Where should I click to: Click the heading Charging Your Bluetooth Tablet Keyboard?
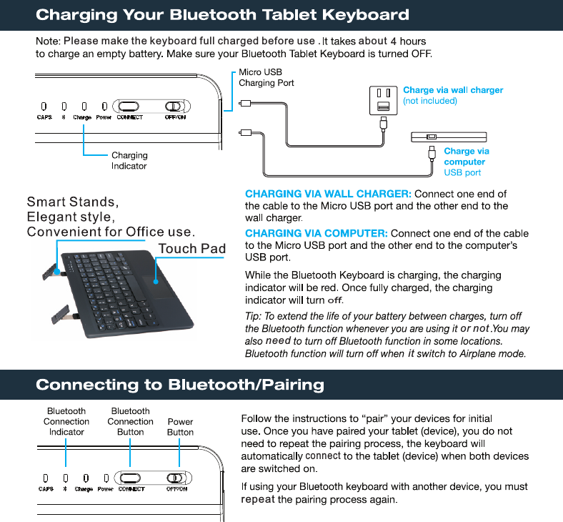[x=222, y=14]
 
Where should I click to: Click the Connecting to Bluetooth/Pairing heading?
[x=179, y=385]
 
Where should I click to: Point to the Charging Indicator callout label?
[x=129, y=160]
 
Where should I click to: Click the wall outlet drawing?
[x=382, y=100]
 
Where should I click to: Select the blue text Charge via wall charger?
[x=453, y=90]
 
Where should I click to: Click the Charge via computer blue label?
[x=466, y=157]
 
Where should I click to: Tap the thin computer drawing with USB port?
[x=449, y=137]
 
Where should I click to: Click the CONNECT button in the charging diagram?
[x=130, y=106]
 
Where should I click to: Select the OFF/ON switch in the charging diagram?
[x=176, y=106]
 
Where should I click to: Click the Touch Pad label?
[x=191, y=249]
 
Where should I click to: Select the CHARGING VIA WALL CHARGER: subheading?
[x=328, y=194]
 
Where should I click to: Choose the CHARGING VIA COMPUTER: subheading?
[x=316, y=233]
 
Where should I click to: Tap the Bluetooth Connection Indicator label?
[x=66, y=421]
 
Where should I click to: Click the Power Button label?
[x=180, y=427]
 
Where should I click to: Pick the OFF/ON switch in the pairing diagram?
[x=176, y=478]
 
